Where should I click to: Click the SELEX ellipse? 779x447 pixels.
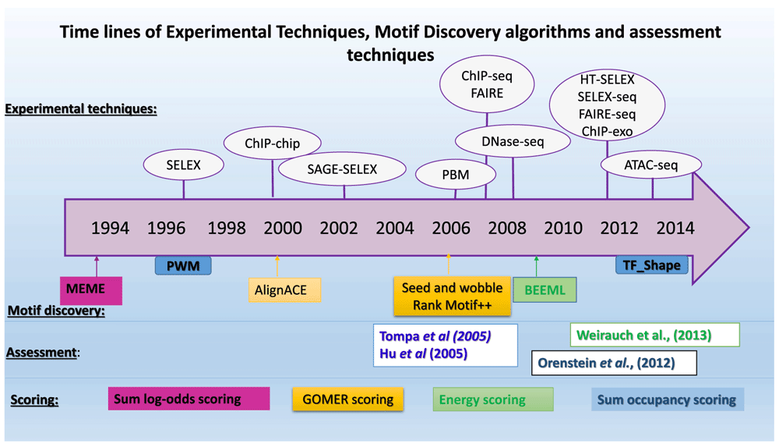(183, 165)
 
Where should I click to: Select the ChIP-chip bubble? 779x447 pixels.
(272, 144)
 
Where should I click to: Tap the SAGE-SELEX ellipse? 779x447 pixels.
(342, 169)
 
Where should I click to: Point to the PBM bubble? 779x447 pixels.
(456, 175)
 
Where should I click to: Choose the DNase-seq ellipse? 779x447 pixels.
(513, 141)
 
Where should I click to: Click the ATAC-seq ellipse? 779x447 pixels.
(650, 165)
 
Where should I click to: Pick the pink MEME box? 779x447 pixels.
(91, 290)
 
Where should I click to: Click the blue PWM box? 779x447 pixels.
(183, 266)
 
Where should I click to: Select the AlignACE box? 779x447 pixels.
(284, 289)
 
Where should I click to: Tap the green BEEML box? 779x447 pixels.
(545, 289)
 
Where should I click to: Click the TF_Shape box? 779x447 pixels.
(652, 264)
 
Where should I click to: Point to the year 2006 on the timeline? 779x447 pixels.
(450, 228)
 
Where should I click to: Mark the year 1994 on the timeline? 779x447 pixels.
(110, 228)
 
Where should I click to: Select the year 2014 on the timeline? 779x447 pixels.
(675, 228)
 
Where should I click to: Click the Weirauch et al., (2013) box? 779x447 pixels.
(655, 335)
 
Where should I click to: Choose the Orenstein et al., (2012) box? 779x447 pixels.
(614, 363)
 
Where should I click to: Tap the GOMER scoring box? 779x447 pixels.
(347, 399)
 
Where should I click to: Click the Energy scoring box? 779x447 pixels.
(493, 399)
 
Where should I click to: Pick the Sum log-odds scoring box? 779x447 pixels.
(189, 399)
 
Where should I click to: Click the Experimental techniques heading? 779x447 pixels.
(81, 108)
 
